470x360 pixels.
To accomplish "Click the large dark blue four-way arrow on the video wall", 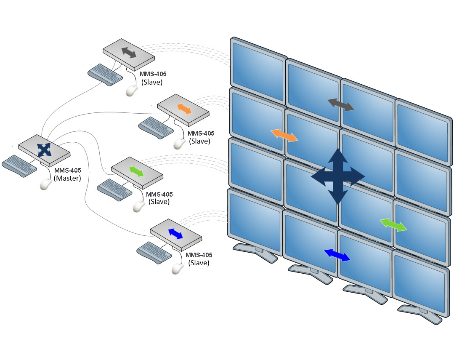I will click(x=338, y=176).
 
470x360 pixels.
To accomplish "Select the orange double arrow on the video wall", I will click(x=284, y=136).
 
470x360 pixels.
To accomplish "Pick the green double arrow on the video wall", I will click(x=393, y=225).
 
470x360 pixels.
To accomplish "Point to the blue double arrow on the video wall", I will click(x=337, y=255).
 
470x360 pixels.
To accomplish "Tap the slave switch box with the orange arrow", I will click(x=183, y=109).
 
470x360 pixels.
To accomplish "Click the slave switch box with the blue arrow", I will click(x=175, y=234).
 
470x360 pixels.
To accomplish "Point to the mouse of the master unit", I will click(x=45, y=184).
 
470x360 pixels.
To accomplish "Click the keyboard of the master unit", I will click(x=19, y=165).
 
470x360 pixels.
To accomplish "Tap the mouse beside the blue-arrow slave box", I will click(x=178, y=269).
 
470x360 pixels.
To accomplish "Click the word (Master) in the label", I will click(x=68, y=179).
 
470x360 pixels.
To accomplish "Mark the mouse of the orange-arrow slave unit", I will click(x=180, y=143).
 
